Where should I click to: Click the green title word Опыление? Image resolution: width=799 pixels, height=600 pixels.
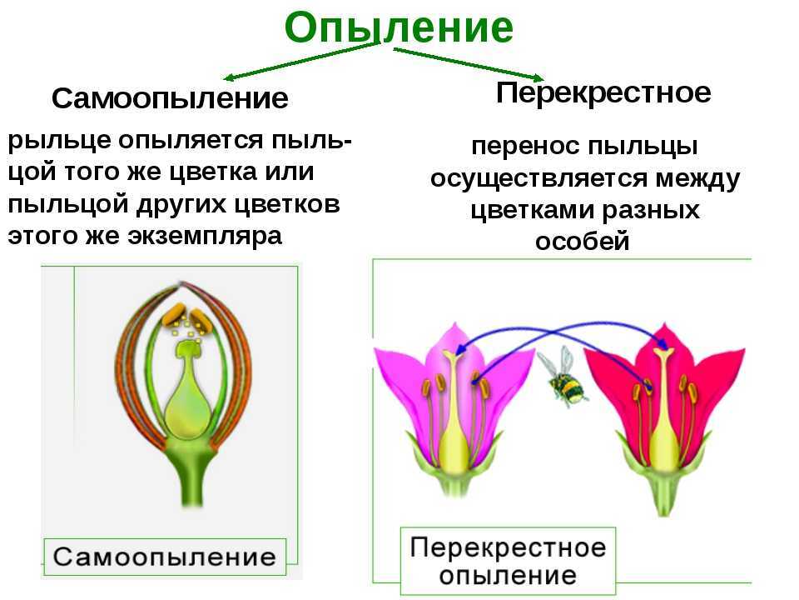[x=399, y=27]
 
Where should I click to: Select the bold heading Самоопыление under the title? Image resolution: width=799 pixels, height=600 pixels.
[x=170, y=98]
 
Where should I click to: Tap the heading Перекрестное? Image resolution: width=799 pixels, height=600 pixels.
[x=603, y=92]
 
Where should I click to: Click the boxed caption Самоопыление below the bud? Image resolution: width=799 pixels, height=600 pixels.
[x=165, y=556]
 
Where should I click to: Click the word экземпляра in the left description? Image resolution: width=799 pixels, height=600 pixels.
[x=205, y=237]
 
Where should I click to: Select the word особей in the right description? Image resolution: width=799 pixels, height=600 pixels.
[x=582, y=241]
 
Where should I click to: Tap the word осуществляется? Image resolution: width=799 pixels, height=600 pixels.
[x=538, y=179]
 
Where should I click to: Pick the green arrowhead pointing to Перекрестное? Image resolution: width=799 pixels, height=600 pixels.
[x=538, y=77]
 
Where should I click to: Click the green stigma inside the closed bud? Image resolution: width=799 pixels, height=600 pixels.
[x=187, y=348]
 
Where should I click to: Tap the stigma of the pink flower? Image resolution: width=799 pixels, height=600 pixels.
[x=450, y=353]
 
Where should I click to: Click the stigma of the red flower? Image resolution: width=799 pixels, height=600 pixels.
[x=663, y=352]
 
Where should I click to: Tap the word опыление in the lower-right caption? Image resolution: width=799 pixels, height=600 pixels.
[x=508, y=576]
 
